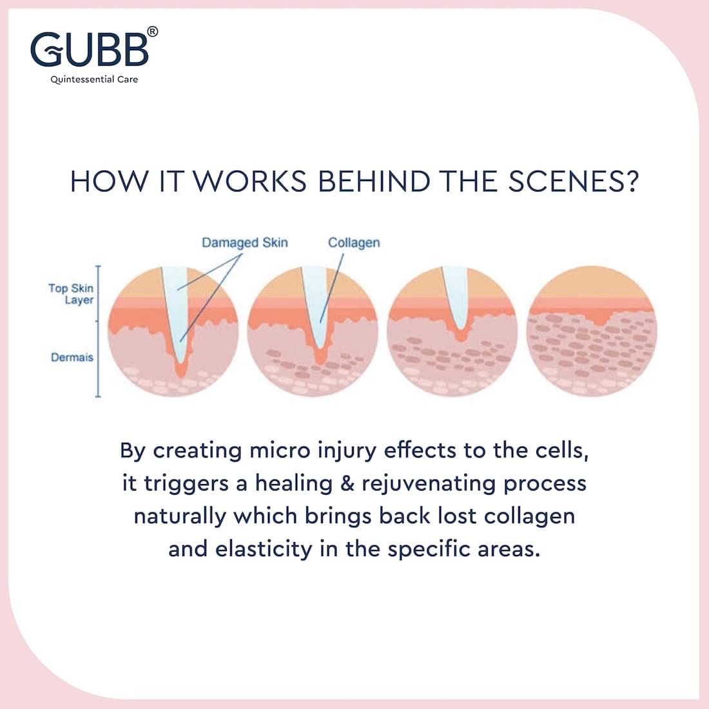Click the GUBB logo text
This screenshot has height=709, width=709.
tap(90, 48)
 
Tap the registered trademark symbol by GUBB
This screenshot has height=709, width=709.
tap(153, 32)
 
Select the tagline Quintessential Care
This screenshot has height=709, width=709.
tap(94, 79)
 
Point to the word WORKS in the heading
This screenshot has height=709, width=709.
tap(251, 181)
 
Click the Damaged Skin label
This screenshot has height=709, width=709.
tap(245, 243)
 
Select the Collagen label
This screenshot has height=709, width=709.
tap(354, 243)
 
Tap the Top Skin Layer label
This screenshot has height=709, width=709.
tap(71, 294)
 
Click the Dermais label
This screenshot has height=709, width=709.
tap(72, 357)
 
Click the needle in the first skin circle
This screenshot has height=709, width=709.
tap(177, 312)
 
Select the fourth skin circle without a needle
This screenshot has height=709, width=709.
tap(592, 331)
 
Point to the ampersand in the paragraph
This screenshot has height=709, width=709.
tap(347, 483)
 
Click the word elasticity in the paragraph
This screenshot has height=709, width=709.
tap(264, 549)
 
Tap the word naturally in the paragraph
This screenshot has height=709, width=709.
tap(180, 517)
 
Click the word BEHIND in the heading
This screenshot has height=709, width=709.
tap(374, 181)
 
